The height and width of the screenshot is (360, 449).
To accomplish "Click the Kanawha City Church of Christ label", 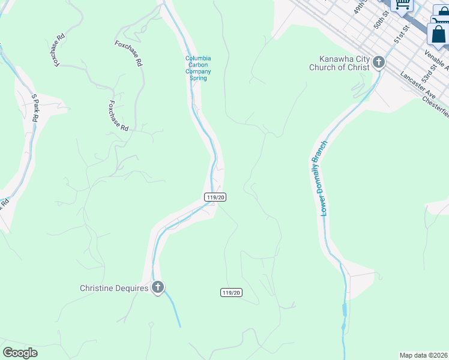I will point(340,63).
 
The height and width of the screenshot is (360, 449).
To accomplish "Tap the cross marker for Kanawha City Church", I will point(379,62).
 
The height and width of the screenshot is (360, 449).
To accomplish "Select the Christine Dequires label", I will point(114,289).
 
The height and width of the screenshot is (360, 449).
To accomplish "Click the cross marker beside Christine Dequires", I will point(158,287).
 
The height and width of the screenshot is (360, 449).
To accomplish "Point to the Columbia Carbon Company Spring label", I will point(198,68).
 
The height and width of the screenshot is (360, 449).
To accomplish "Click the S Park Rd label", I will point(35,108).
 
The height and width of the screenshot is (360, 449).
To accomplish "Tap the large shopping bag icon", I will point(438,34).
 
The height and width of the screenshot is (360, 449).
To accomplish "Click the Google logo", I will point(20,353).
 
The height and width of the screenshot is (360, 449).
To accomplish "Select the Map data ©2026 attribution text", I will point(423,355).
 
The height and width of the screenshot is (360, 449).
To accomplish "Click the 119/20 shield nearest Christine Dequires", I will point(231,292).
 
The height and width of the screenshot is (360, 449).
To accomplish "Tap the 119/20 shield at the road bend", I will point(215,197).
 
